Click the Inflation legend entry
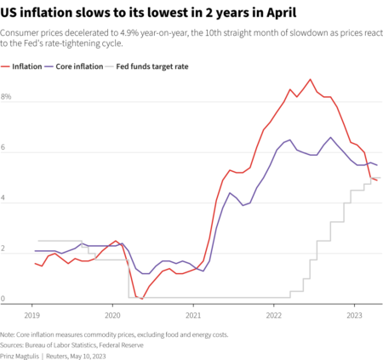[x=29, y=66]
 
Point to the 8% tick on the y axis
[x=6, y=98]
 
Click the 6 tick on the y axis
[x=4, y=148]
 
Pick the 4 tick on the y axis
[x=4, y=198]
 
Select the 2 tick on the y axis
[x=4, y=249]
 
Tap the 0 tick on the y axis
[x=4, y=299]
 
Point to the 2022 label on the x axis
[x=273, y=313]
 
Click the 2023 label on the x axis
[x=353, y=313]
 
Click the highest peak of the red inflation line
[x=310, y=79]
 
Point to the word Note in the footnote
[x=8, y=334]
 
